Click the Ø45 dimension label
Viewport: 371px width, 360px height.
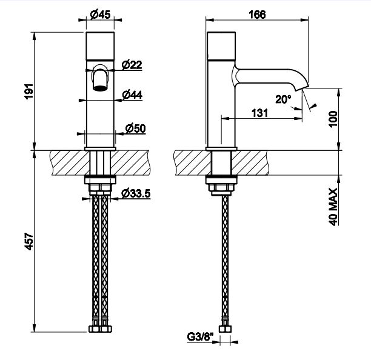click(x=100, y=15)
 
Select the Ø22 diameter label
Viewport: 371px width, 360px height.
click(x=132, y=65)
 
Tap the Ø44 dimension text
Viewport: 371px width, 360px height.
click(x=132, y=95)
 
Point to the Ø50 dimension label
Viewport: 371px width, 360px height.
click(x=135, y=128)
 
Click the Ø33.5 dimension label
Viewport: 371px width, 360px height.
click(x=136, y=193)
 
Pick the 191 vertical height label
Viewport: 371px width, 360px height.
click(x=29, y=92)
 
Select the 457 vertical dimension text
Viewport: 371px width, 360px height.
click(x=29, y=241)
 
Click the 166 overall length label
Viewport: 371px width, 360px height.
click(x=257, y=15)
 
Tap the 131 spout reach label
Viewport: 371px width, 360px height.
click(x=259, y=113)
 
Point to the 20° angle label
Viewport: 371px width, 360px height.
click(x=283, y=99)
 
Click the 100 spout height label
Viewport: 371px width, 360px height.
click(x=333, y=119)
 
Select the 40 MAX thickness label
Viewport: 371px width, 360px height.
click(x=333, y=207)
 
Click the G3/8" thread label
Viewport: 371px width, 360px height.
click(x=200, y=336)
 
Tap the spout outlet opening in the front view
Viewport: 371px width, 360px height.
click(x=100, y=88)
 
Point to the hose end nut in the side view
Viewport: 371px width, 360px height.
click(x=225, y=329)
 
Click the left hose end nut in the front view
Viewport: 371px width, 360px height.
click(x=95, y=328)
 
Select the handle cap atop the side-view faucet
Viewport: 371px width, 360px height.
click(x=221, y=45)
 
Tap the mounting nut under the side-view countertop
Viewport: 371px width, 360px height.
click(x=221, y=187)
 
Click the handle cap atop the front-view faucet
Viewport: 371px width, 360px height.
click(x=100, y=45)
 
